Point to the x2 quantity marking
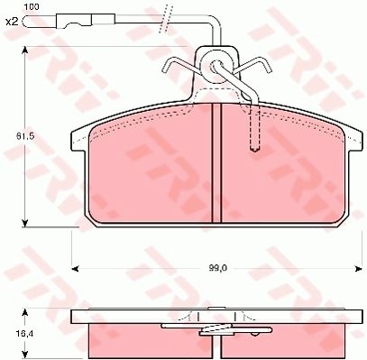[12, 22]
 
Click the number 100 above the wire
[32, 7]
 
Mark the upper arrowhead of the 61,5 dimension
[25, 51]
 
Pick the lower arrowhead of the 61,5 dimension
[25, 223]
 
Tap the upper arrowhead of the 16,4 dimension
[25, 313]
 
